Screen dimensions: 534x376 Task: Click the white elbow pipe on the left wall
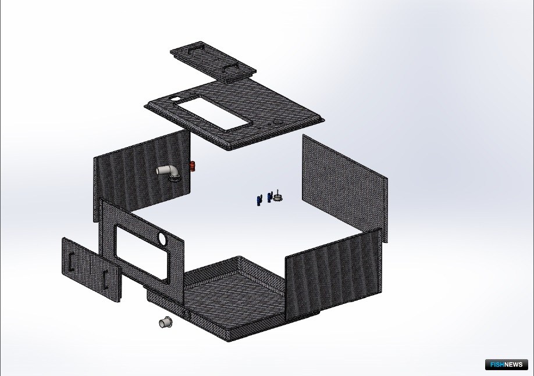[x=168, y=171]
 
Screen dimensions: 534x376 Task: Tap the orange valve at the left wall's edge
[x=192, y=166]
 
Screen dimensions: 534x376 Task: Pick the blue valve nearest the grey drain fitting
[x=270, y=197]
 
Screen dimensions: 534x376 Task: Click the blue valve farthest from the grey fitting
[x=259, y=200]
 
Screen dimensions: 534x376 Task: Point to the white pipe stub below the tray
[x=166, y=322]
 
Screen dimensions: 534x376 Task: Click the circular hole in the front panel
[x=162, y=238]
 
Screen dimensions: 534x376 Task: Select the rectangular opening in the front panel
[x=142, y=252]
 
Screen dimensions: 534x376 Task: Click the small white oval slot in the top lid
[x=175, y=99]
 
